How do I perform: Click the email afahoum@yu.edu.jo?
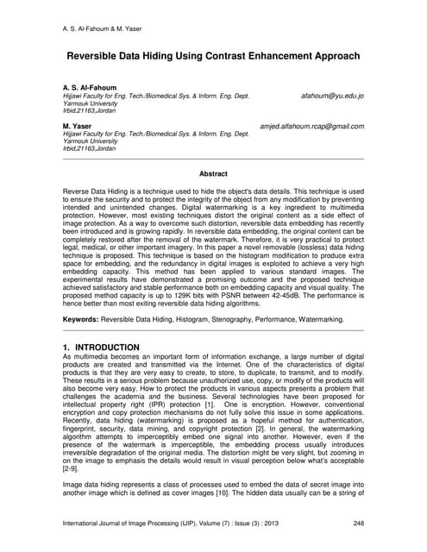click(x=332, y=97)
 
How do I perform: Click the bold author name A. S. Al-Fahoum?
click(x=91, y=88)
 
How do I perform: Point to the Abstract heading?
click(x=213, y=174)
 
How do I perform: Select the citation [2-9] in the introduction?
click(x=73, y=469)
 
